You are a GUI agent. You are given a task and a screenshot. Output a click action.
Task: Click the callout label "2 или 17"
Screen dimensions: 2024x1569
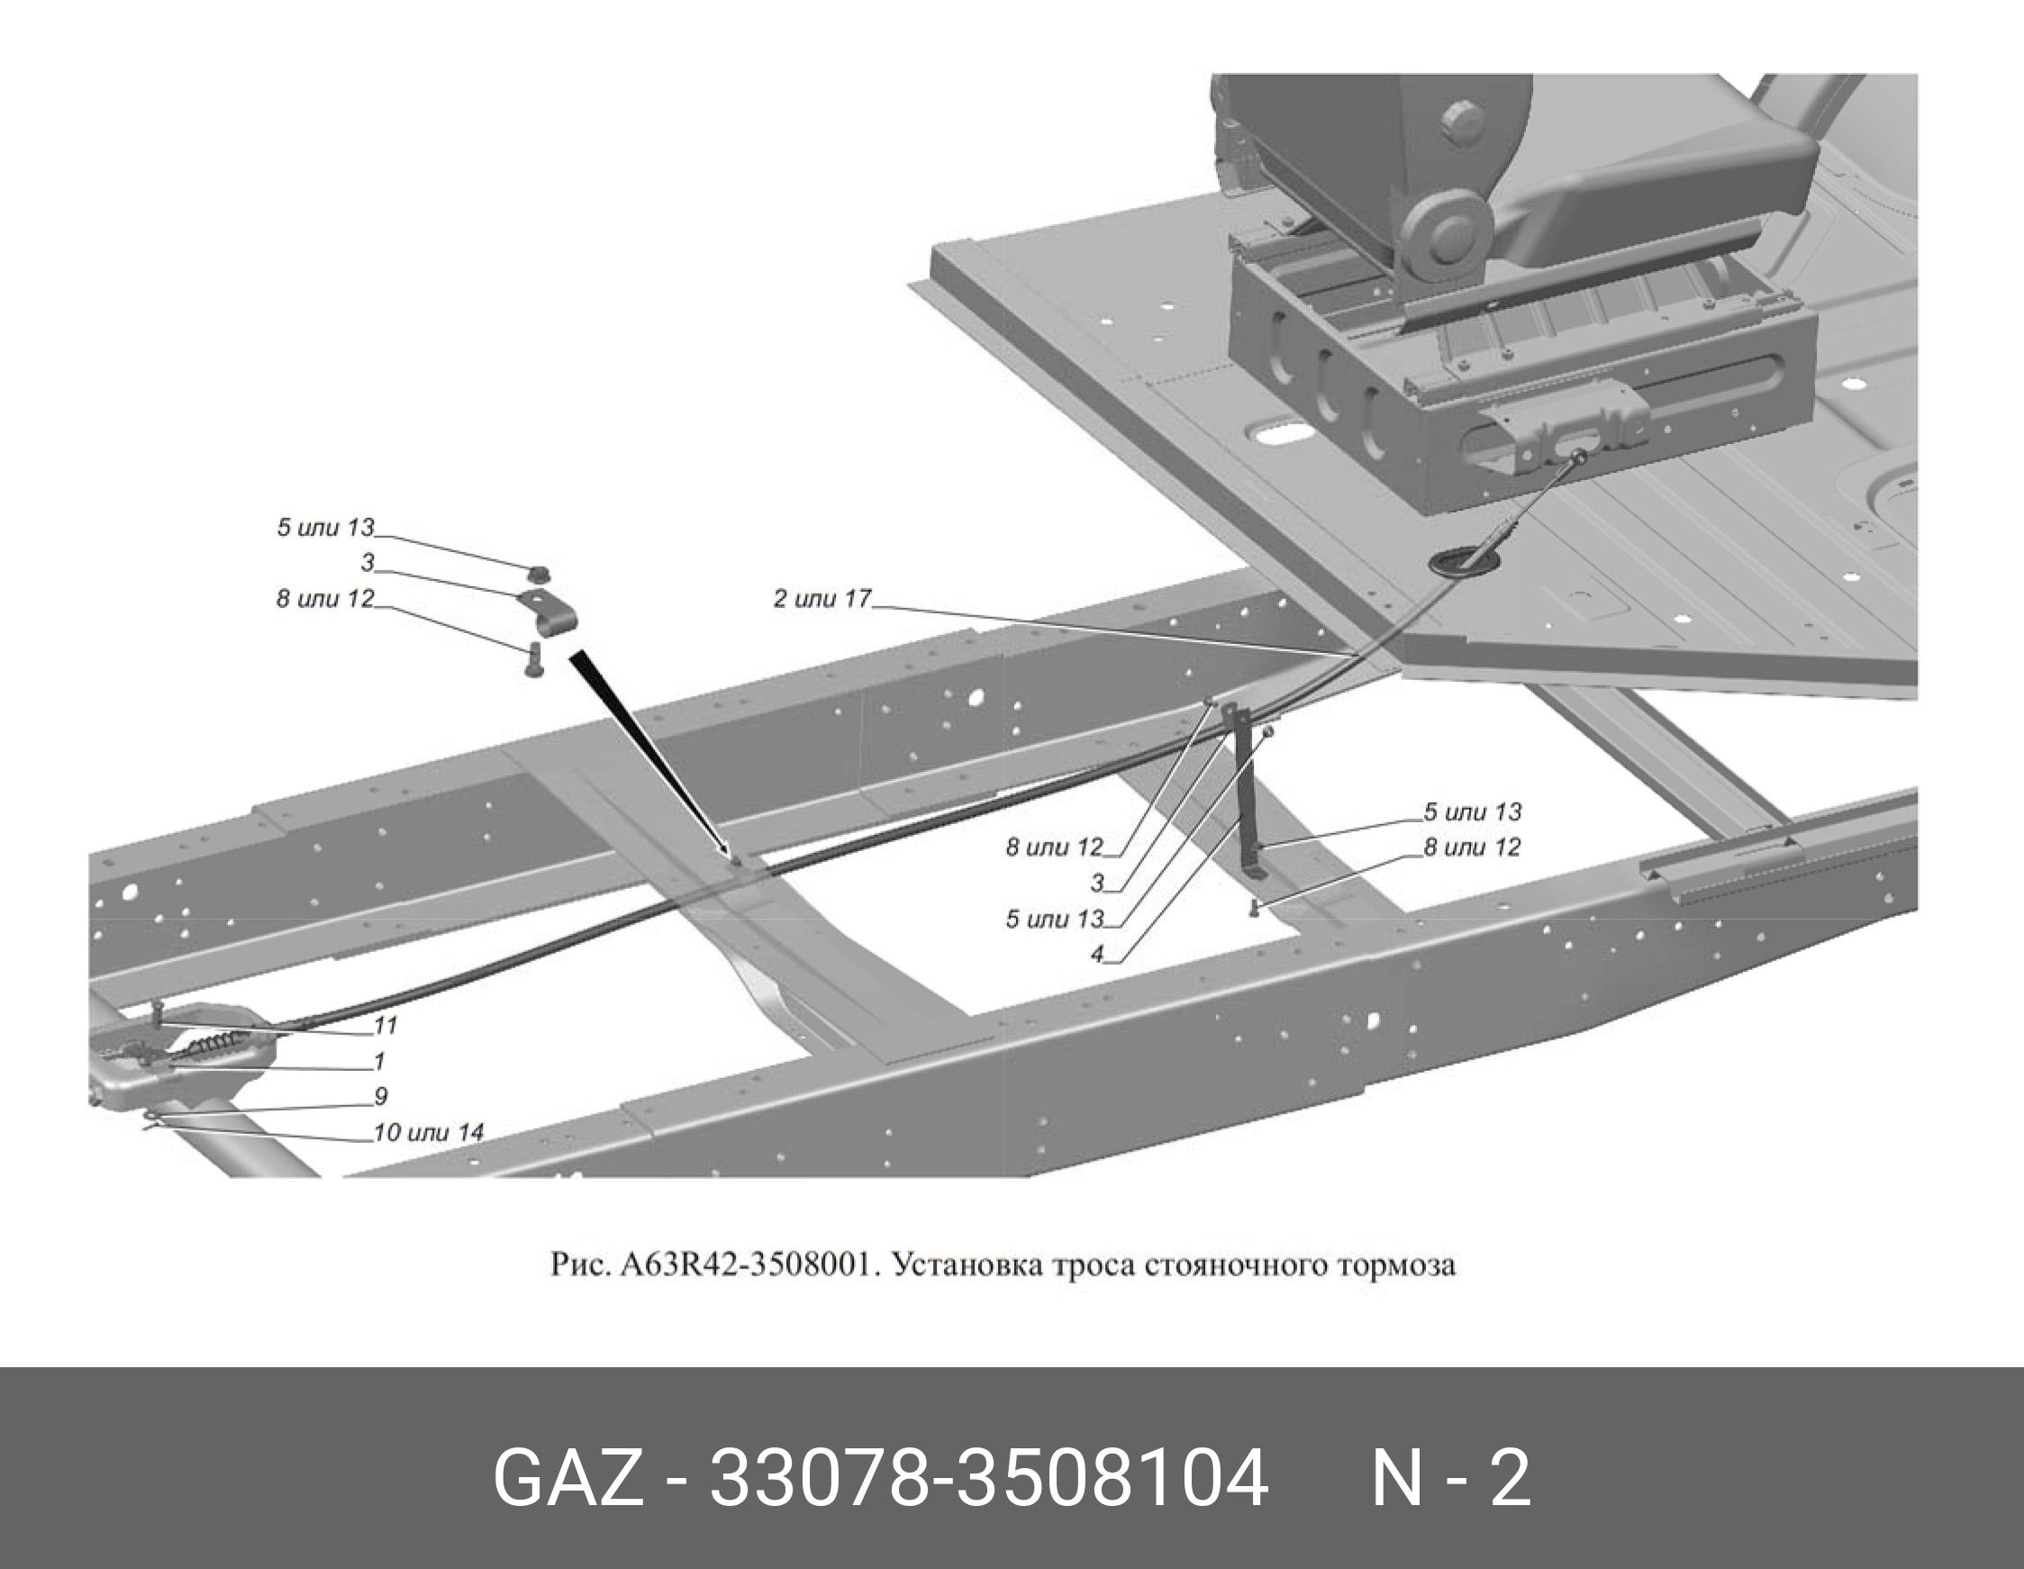click(x=822, y=599)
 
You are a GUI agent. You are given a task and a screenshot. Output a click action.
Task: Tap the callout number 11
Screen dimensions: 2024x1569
click(x=386, y=1025)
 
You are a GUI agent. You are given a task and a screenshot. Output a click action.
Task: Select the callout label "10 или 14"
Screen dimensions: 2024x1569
click(x=428, y=1132)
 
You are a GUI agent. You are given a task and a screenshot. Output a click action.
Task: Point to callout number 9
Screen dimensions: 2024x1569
click(x=380, y=1096)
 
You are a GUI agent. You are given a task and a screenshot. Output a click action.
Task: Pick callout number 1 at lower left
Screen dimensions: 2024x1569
click(x=380, y=1060)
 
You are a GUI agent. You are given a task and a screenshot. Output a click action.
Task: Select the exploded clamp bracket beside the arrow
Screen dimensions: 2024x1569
click(x=548, y=612)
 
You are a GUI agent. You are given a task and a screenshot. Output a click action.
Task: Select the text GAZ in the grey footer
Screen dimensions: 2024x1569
click(x=567, y=1478)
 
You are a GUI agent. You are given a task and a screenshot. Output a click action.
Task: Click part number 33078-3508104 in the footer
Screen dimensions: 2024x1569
click(x=987, y=1478)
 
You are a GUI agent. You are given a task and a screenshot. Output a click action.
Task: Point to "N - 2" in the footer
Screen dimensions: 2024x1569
click(x=1450, y=1478)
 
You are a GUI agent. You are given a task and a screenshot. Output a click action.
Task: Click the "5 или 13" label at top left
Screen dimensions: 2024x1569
click(x=325, y=527)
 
